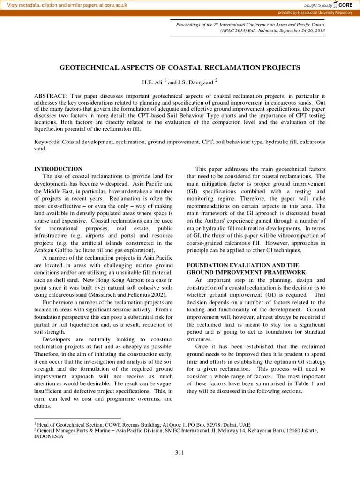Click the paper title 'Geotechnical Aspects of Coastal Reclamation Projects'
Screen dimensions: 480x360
180,68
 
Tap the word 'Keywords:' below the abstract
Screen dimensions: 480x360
48,141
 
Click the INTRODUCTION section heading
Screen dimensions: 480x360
59,169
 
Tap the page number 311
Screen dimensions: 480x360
180,452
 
